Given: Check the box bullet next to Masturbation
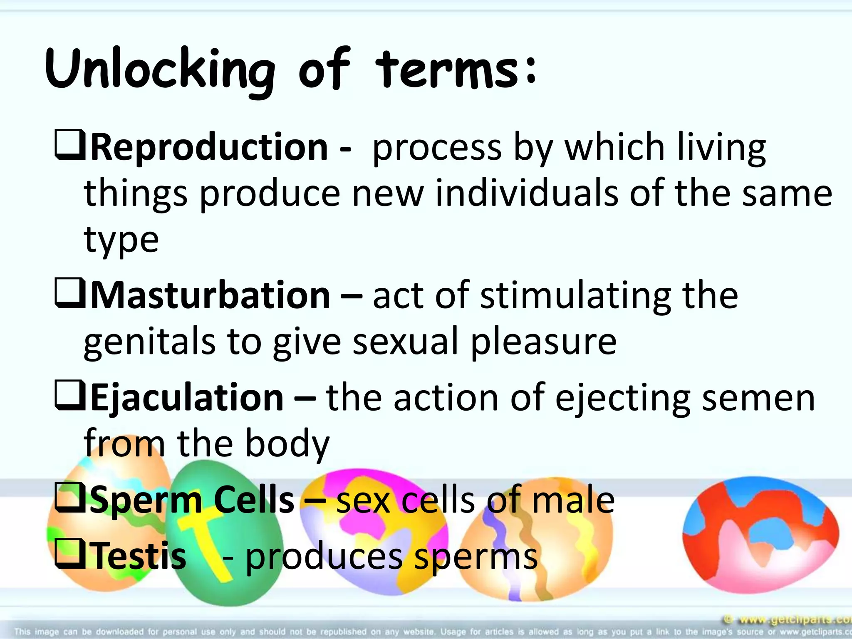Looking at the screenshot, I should point(70,294).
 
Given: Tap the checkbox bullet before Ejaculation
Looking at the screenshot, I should point(70,396).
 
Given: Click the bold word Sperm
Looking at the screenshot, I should point(146,500).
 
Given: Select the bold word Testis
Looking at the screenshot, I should point(139,555).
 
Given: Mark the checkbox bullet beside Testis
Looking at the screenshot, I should point(70,554).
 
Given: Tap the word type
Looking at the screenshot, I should point(121,240).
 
